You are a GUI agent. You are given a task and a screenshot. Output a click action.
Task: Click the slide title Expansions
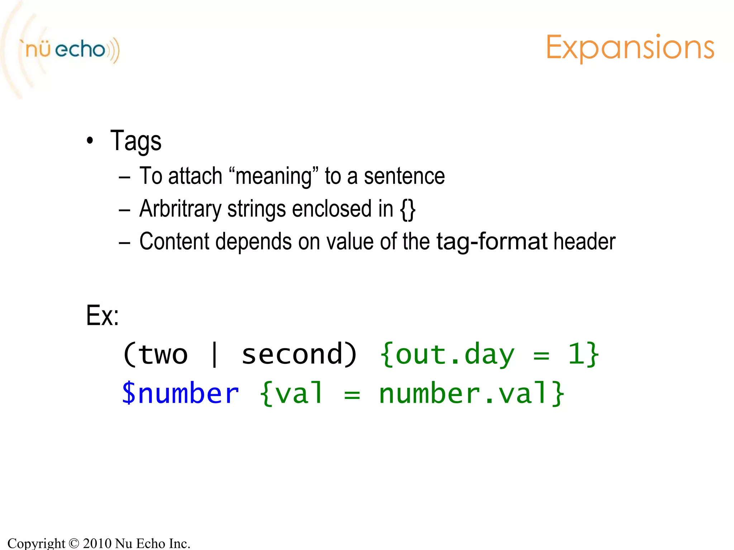(630, 48)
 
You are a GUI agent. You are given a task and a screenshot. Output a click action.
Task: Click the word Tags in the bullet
(136, 141)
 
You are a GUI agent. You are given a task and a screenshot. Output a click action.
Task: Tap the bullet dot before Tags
(90, 141)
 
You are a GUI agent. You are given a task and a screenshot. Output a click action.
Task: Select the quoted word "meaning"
(273, 176)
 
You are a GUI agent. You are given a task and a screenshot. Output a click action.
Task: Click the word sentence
(404, 176)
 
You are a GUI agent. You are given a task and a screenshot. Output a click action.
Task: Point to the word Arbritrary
(180, 209)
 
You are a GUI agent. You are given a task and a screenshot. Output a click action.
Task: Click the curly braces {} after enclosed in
(408, 209)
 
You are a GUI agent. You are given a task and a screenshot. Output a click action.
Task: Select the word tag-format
(492, 242)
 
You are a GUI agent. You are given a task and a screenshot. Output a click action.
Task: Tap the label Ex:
(102, 316)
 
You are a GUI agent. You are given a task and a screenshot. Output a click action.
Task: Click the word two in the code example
(163, 354)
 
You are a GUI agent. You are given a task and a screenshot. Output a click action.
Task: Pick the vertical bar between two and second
(214, 354)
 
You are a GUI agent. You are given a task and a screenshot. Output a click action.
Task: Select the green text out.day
(454, 354)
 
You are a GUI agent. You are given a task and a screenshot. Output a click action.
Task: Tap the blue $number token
(180, 394)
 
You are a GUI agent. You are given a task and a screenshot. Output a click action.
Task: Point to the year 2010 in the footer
(97, 543)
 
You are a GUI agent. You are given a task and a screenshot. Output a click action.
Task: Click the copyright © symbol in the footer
(73, 544)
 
